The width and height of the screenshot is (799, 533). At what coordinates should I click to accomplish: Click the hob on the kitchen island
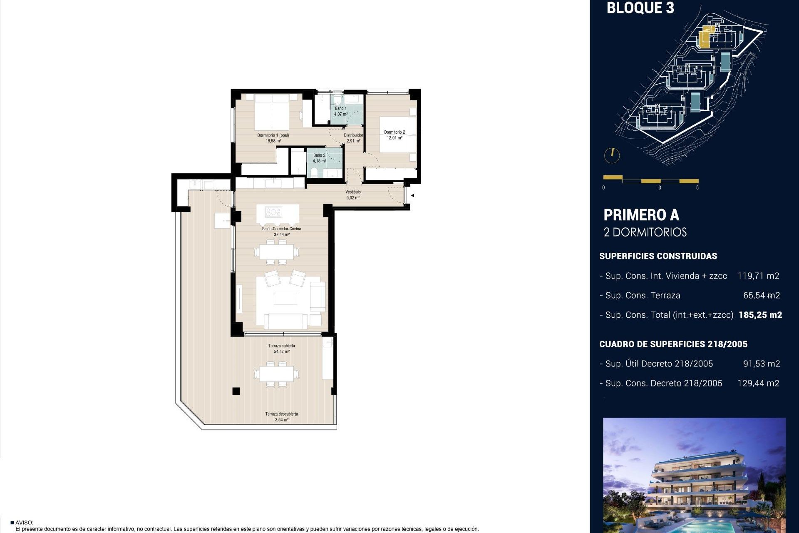click(273, 213)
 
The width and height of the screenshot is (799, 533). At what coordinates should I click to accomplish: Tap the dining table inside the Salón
click(276, 252)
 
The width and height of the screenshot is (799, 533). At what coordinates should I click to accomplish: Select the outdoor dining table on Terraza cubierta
click(276, 374)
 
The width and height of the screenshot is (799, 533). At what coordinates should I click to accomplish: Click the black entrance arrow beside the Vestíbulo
click(412, 195)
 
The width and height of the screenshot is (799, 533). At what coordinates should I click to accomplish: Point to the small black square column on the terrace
click(236, 391)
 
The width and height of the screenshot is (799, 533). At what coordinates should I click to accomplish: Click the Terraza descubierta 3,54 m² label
click(282, 417)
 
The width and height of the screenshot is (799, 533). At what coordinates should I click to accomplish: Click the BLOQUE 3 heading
click(640, 8)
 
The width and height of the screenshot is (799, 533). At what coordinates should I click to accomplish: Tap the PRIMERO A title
click(641, 215)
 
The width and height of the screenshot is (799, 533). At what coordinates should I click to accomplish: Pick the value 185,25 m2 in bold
click(760, 315)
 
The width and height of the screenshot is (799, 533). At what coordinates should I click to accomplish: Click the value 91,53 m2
click(761, 364)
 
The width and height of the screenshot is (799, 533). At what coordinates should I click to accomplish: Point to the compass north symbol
click(612, 155)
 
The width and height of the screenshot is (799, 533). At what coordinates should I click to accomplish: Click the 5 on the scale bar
click(697, 188)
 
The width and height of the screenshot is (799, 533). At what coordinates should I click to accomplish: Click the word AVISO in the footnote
click(24, 523)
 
